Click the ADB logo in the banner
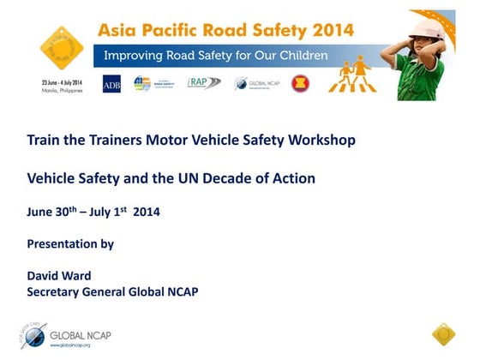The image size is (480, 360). tap(111, 84)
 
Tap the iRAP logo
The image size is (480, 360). tap(203, 83)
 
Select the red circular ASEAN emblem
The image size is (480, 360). tap(299, 83)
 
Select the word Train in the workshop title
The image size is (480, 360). tap(44, 139)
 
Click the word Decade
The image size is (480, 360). tap(236, 178)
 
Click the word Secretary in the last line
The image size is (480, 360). tap(57, 291)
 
